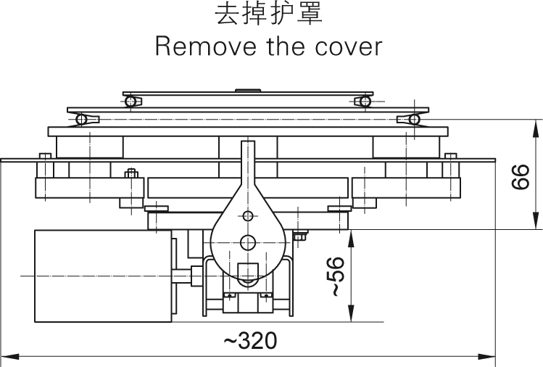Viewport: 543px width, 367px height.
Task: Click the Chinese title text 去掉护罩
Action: [268, 16]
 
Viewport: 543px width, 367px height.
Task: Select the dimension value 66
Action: [520, 176]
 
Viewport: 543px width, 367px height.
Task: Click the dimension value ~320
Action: [249, 341]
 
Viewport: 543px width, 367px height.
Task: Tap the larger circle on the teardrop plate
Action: [248, 242]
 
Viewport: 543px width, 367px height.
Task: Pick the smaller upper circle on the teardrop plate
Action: [248, 216]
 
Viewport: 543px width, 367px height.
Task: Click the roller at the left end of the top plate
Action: [130, 102]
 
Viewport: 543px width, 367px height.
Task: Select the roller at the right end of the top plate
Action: [360, 102]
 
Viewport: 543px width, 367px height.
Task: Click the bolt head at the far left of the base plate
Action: [45, 155]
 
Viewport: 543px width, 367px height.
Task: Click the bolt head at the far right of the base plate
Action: [451, 155]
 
